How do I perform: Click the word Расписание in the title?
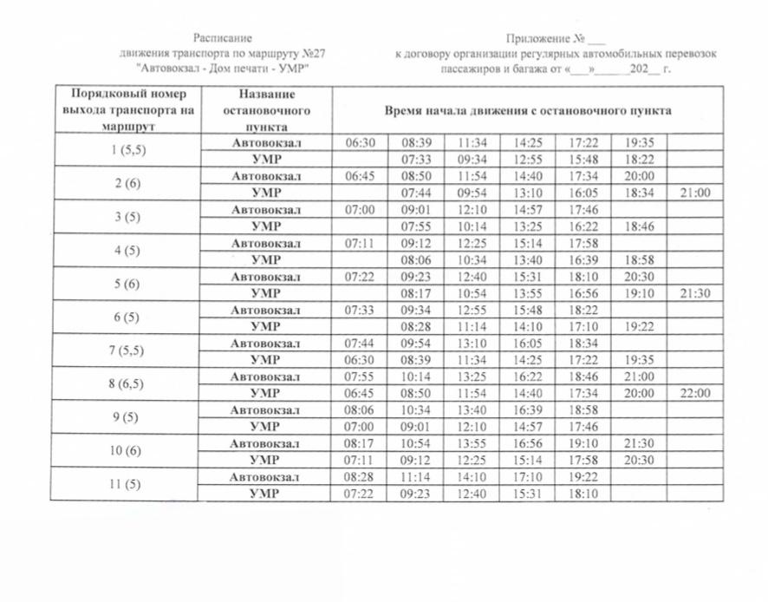[222, 38]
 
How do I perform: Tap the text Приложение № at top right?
[546, 38]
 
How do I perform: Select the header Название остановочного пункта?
[264, 110]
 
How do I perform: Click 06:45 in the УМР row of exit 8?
[359, 393]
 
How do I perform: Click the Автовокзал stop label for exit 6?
[265, 310]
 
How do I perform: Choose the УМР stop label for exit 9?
[265, 427]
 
